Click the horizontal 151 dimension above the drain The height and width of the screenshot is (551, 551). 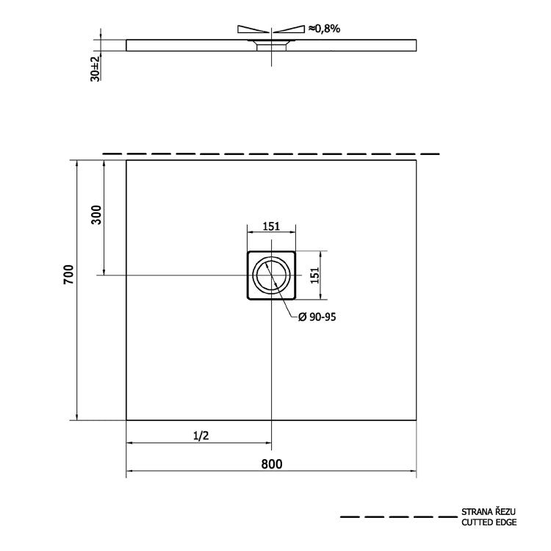[271, 226]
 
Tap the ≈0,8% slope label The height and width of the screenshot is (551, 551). [323, 28]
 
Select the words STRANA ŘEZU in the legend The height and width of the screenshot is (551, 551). [488, 511]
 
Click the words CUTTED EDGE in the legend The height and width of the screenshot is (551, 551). [489, 522]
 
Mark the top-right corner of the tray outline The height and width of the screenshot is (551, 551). [417, 160]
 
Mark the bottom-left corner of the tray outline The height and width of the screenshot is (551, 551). [127, 419]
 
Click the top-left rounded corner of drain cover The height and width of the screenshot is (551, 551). [249, 253]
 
